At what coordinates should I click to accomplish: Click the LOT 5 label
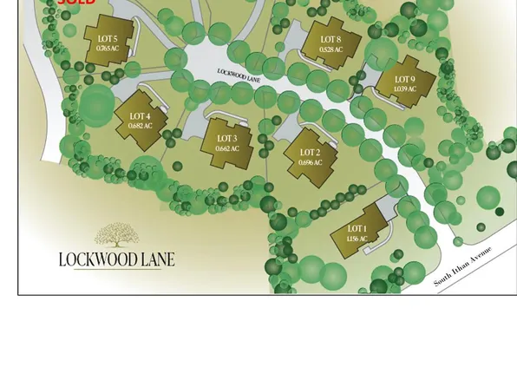(x=108, y=39)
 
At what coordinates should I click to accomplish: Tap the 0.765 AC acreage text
(x=108, y=49)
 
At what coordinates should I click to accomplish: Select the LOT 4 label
(x=140, y=116)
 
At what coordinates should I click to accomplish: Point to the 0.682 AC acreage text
(x=140, y=126)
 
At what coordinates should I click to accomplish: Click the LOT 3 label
(x=226, y=139)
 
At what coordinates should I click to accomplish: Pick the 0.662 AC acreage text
(x=226, y=148)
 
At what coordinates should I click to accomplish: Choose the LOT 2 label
(x=310, y=153)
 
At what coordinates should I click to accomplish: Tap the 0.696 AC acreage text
(x=310, y=162)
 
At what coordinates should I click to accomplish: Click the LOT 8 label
(x=330, y=40)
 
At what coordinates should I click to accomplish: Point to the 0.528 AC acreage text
(x=330, y=49)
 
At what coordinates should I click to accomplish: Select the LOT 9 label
(x=404, y=80)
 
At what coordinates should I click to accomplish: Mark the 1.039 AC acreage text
(x=404, y=89)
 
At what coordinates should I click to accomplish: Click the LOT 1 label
(x=357, y=229)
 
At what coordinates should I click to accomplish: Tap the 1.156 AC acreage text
(x=357, y=239)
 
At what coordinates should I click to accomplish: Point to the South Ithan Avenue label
(x=463, y=266)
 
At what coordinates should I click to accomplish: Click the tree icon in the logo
(x=116, y=234)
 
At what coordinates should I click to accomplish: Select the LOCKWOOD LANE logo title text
(x=116, y=259)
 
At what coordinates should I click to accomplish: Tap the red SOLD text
(x=76, y=3)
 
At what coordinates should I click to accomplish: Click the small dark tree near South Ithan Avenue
(x=500, y=211)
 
